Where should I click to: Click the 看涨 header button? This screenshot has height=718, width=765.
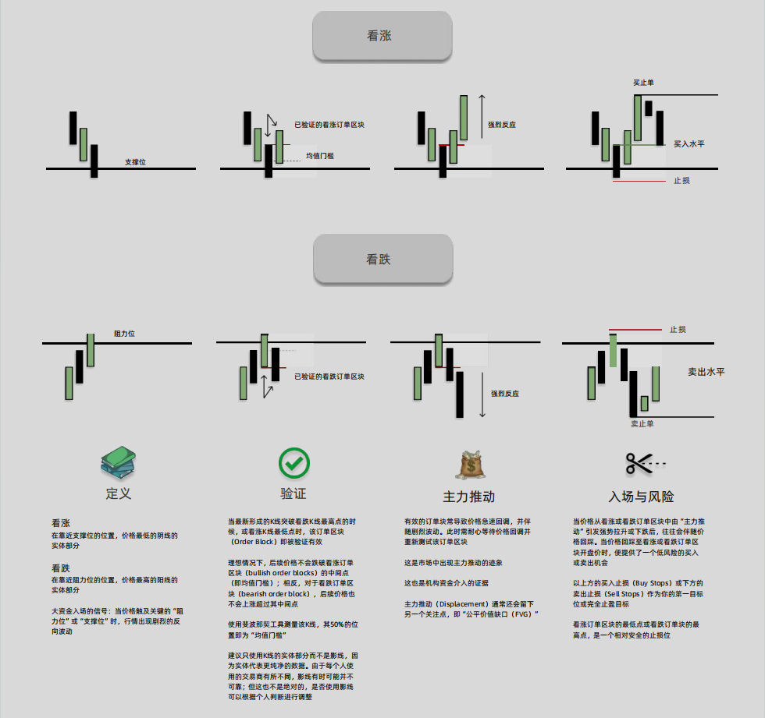[382, 36]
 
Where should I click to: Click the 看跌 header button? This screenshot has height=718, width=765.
[382, 260]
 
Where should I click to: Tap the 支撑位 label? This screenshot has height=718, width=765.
[135, 162]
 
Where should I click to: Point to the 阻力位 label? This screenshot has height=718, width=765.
[125, 334]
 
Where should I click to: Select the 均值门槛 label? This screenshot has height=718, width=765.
[320, 156]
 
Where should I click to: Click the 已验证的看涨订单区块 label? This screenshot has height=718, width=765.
[329, 124]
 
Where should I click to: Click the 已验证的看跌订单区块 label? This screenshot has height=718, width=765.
[329, 377]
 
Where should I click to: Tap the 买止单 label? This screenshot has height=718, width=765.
[645, 82]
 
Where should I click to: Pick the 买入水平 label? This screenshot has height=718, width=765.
[689, 144]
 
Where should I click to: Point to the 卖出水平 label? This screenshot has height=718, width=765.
[706, 372]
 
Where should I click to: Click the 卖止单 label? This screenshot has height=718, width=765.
[642, 423]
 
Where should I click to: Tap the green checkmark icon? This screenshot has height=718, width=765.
[294, 463]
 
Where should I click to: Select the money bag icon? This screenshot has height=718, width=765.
[469, 465]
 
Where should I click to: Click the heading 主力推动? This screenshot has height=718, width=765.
[469, 497]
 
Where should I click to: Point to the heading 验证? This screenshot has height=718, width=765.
[294, 493]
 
